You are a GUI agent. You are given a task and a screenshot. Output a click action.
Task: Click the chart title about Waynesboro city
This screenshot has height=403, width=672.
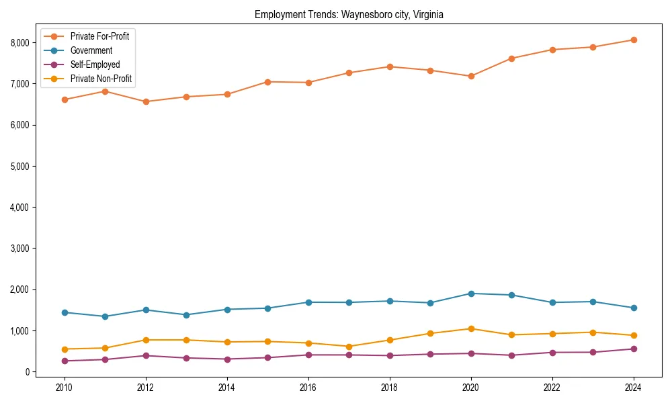click(349, 14)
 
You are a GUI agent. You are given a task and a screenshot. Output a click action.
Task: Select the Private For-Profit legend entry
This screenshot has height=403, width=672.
click(99, 36)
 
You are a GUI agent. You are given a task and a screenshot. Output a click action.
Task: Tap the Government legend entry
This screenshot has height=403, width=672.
click(91, 50)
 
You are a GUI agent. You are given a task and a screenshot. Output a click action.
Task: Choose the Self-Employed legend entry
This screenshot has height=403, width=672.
click(95, 64)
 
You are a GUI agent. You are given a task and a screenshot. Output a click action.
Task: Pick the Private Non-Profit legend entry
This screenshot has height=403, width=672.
click(101, 79)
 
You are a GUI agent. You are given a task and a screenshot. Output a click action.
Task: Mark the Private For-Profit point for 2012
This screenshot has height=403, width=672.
click(146, 101)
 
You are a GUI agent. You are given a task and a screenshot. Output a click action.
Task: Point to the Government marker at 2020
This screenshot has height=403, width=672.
click(471, 294)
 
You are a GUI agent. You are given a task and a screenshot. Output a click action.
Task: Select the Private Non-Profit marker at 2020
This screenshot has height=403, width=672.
click(471, 328)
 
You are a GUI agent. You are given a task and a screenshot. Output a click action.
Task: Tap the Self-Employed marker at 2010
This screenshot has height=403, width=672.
click(65, 361)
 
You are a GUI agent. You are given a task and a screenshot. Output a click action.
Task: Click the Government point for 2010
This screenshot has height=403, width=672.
click(65, 312)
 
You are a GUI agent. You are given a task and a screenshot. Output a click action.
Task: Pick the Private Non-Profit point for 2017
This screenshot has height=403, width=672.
click(349, 347)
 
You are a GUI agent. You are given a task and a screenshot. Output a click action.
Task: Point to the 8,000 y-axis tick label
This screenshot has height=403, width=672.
click(20, 42)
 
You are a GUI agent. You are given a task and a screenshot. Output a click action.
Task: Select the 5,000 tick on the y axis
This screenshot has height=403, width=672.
click(20, 166)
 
